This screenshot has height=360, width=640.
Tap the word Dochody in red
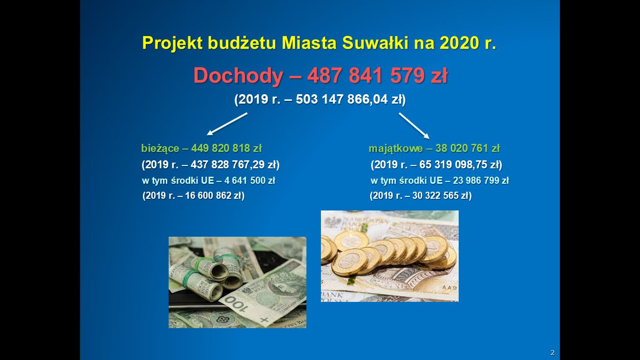coord(238,75)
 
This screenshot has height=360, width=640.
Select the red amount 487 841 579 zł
coord(378,75)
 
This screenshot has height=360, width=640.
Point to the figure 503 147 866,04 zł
coord(349,99)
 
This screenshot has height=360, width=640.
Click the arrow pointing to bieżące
coord(227,124)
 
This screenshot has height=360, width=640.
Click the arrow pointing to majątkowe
coord(414,126)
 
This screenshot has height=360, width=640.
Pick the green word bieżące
coord(160,149)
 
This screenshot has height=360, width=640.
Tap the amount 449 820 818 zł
coord(226,148)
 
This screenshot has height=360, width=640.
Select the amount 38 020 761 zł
coord(468,148)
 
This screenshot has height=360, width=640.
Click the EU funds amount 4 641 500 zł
coord(249,180)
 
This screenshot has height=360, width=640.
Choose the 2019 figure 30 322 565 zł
coord(440,195)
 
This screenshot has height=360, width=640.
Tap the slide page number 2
coord(552,352)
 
